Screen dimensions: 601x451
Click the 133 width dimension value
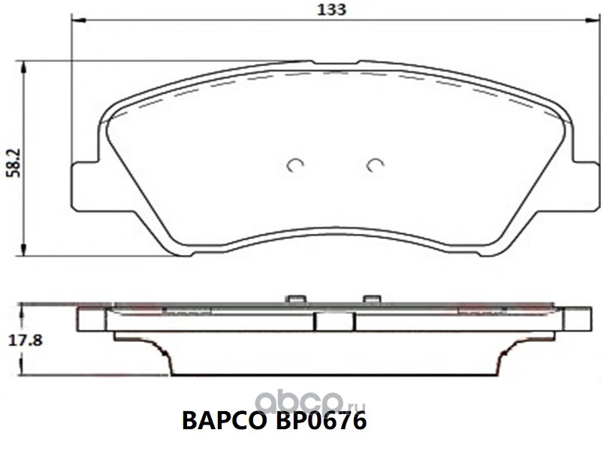(332, 10)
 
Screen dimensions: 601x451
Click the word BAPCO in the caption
(224, 421)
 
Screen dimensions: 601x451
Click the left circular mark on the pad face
(296, 165)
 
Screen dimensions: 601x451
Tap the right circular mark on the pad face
(375, 165)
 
